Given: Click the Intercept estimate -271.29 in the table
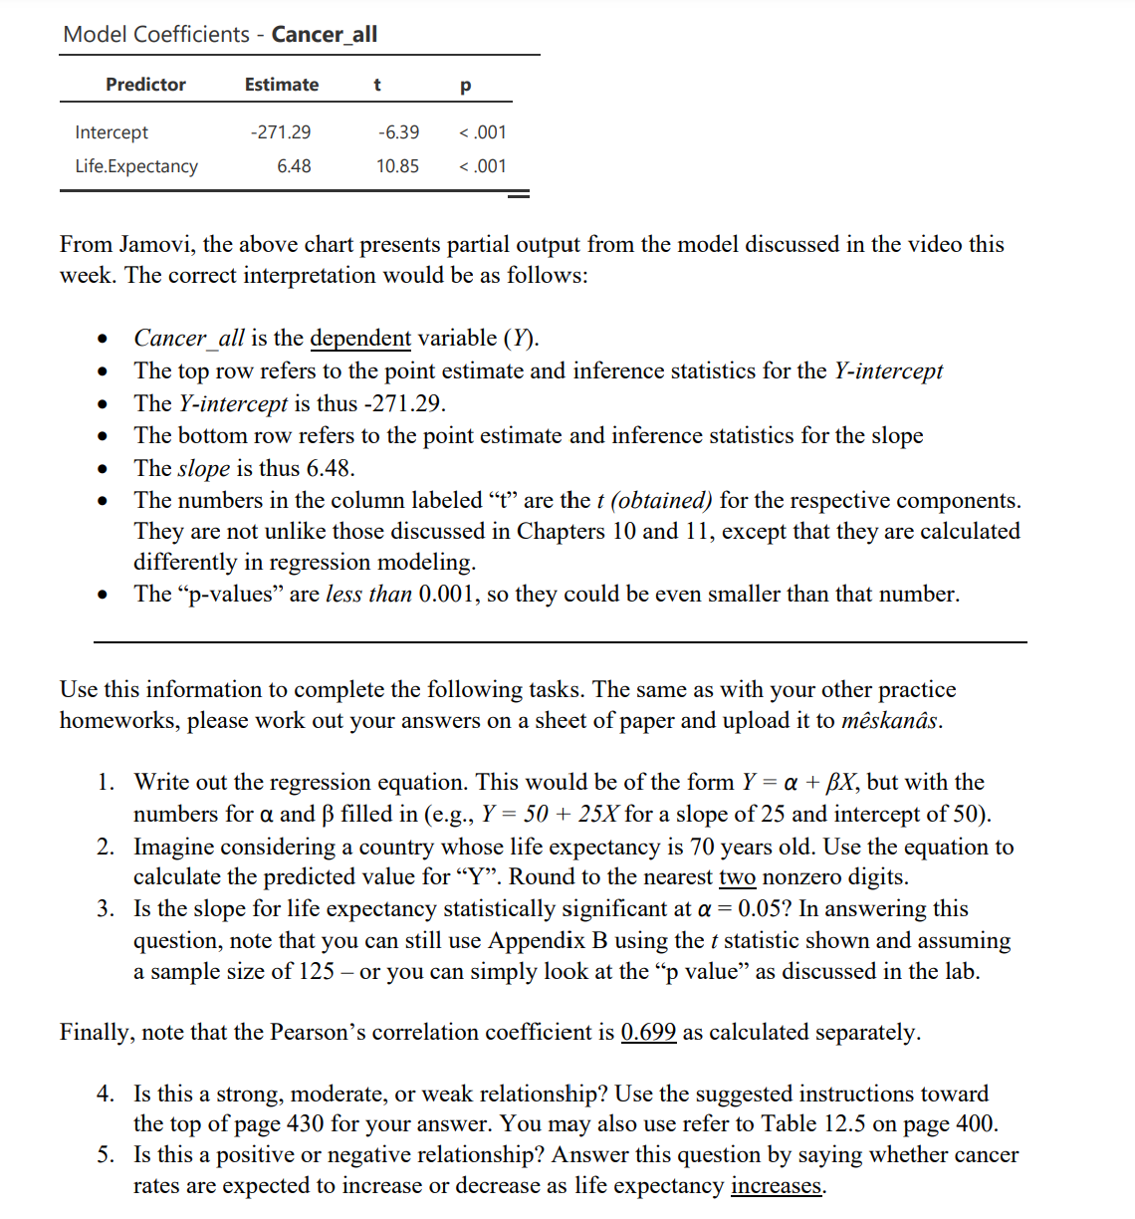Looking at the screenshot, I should click(x=281, y=132).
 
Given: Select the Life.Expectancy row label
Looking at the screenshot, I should click(x=136, y=166).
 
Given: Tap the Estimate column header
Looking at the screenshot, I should click(x=282, y=85).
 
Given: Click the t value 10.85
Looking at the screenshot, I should click(x=397, y=166).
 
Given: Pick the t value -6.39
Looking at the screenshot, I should click(x=398, y=132).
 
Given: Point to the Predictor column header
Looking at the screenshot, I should click(x=145, y=85).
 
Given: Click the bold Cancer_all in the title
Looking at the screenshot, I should click(x=325, y=34).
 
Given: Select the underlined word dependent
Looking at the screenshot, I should click(x=360, y=339).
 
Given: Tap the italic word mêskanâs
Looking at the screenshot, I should click(x=890, y=721).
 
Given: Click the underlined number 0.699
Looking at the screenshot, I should click(x=648, y=1033).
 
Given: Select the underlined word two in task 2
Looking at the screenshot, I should click(x=737, y=877).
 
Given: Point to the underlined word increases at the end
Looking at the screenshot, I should click(x=777, y=1186).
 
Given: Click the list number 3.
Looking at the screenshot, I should click(x=106, y=909).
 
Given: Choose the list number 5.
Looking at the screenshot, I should click(x=106, y=1155).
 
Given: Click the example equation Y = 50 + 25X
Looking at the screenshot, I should click(x=550, y=815).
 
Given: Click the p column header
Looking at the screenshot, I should click(x=465, y=85).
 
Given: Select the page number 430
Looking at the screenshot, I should click(x=305, y=1124).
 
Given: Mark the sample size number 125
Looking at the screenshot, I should click(x=317, y=972).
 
